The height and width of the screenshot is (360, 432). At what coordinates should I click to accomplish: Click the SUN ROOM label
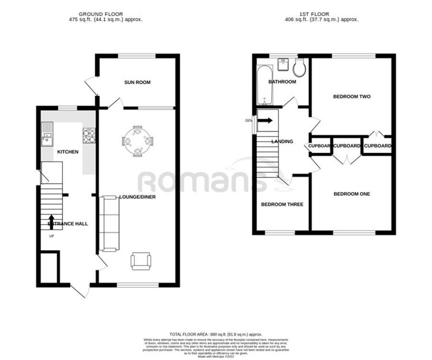coord(137,83)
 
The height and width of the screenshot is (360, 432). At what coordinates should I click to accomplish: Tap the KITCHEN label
coord(68,152)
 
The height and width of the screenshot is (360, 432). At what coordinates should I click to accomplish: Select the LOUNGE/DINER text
coord(138,197)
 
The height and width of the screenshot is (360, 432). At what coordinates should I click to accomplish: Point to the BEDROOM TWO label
coord(352,96)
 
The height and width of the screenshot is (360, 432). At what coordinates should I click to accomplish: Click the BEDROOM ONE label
coord(352,194)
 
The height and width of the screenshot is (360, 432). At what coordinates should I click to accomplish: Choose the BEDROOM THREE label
coord(282,204)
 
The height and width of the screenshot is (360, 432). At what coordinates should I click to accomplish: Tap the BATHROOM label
coord(282,82)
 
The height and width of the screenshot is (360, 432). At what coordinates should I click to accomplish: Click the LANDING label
coord(282,142)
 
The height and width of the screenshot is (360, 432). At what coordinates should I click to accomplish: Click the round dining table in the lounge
coord(138,141)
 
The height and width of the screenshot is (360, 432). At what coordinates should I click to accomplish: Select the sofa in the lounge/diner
coord(109,223)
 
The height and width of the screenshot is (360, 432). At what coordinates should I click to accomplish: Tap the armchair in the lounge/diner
coord(141,261)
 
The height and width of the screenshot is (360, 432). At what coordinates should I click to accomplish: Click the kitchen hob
coord(89,136)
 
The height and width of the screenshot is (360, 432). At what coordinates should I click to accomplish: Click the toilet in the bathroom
coord(300,68)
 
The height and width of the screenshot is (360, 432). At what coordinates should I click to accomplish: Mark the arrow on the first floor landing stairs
coord(264,120)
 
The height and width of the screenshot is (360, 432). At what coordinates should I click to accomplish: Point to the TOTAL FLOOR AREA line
coord(216,333)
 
